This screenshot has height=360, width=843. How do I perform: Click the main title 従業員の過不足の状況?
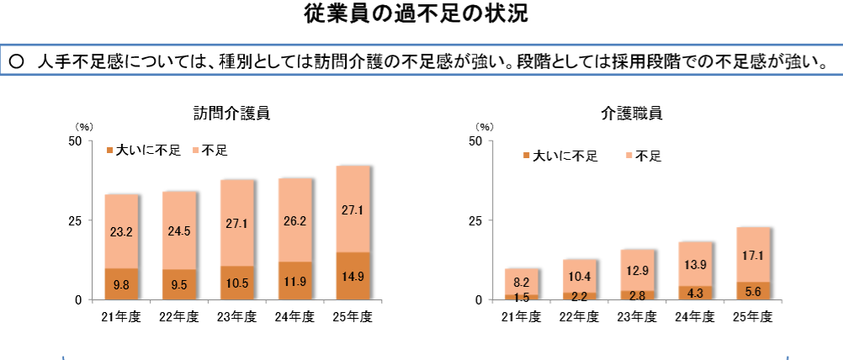pos(421,14)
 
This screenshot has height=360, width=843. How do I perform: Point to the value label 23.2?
pos(122,231)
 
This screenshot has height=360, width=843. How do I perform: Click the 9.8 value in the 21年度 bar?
pos(122,284)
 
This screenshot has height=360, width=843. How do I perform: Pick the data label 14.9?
pos(353,276)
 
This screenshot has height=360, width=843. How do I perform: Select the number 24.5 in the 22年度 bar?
pos(179,230)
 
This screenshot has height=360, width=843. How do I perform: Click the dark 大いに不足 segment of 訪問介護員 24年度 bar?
pos(295,281)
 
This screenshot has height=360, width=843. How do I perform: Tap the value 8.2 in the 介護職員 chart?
pos(522,282)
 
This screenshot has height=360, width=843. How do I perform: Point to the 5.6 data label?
pos(753,291)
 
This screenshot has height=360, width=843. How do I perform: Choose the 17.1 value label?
pos(753,254)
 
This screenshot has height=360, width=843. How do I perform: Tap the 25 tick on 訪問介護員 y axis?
pos(74,220)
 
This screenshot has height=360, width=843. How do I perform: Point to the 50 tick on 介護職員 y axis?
pos(475,141)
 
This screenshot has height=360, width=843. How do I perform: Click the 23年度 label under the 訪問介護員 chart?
pos(237,316)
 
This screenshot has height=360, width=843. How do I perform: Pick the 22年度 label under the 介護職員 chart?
pos(580,316)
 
